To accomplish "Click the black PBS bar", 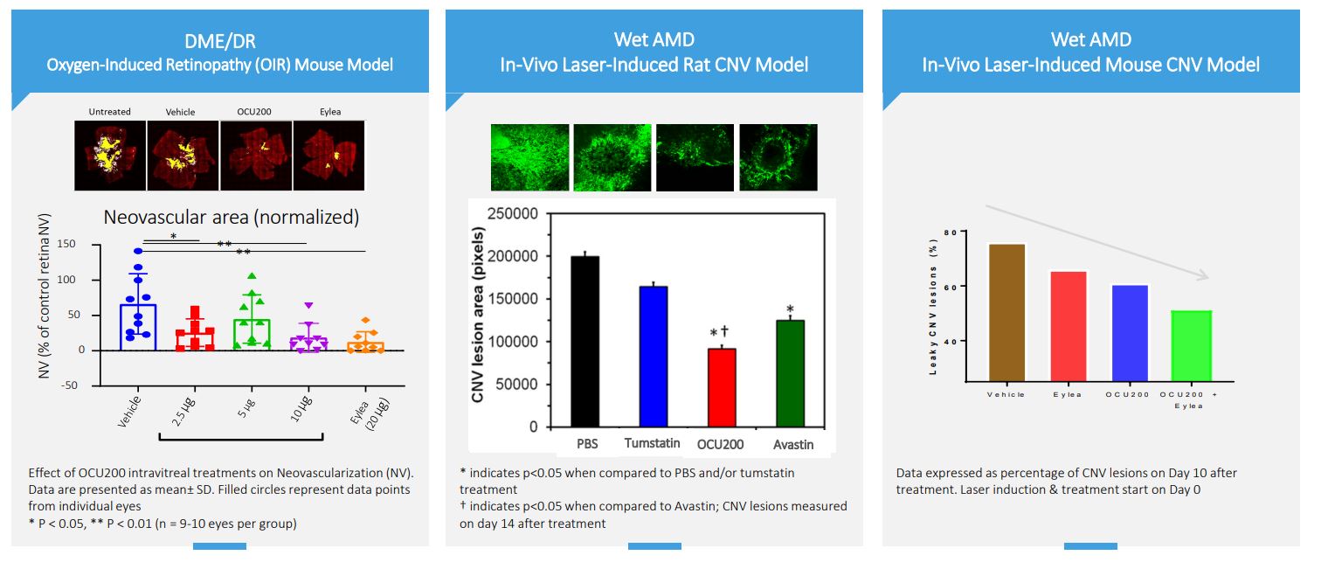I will tap(585, 341).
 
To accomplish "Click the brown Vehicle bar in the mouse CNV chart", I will tap(1006, 311).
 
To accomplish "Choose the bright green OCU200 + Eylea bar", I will tap(1186, 344).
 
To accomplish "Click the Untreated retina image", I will tap(109, 156).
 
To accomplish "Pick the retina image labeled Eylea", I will tap(329, 156).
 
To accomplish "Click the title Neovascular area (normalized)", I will tap(232, 218).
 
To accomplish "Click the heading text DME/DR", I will tap(219, 39).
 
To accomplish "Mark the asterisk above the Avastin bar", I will tap(790, 309).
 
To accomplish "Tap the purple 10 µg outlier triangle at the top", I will tap(308, 306).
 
